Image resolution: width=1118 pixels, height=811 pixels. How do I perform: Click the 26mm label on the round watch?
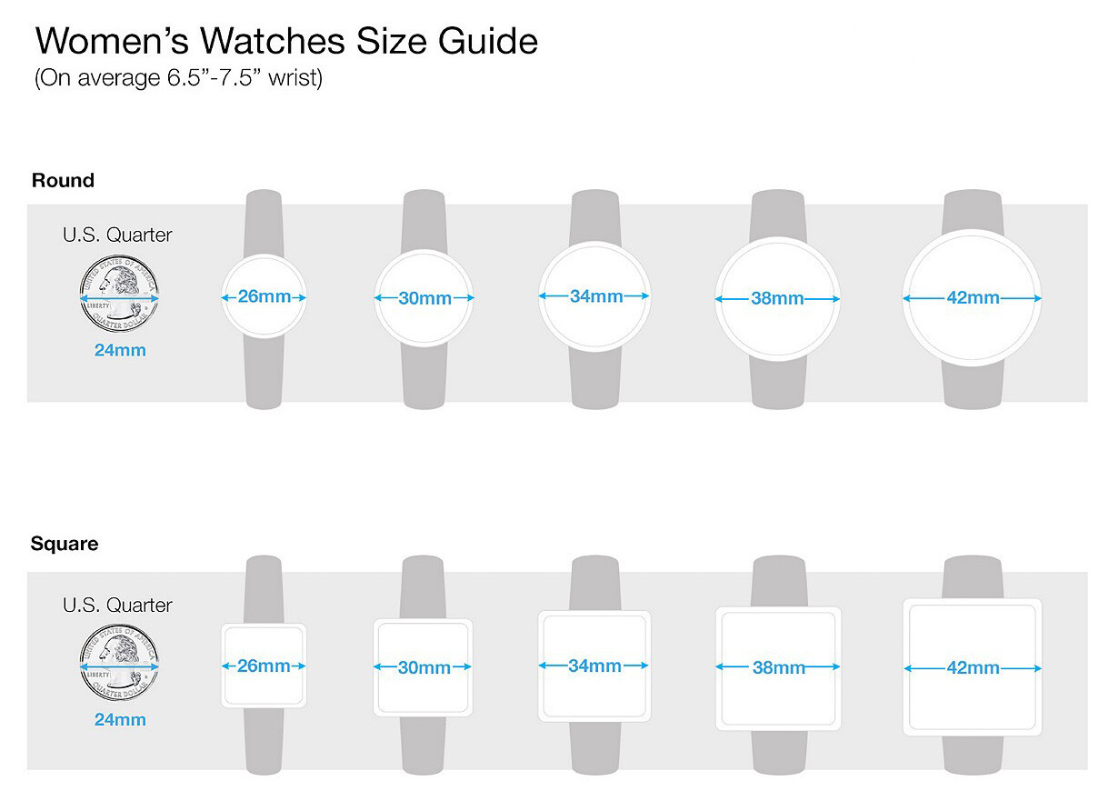coord(264,296)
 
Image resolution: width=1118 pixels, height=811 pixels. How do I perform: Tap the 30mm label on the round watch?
coord(424,298)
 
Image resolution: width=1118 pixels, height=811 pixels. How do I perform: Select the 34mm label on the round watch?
coord(595,296)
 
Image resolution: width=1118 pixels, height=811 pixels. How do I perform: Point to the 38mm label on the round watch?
coord(777,298)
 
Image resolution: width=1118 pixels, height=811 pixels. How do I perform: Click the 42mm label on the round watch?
coord(973,298)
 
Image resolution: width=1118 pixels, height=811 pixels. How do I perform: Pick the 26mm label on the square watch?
coord(264,666)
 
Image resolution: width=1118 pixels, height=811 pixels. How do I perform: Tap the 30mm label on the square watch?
coord(424,667)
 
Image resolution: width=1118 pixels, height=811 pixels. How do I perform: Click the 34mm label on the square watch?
coord(594,666)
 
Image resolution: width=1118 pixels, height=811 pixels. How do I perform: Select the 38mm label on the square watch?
coord(778,667)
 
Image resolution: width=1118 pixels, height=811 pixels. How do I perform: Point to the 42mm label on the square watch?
coord(973,667)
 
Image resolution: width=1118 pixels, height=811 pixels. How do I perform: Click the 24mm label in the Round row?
coord(120,350)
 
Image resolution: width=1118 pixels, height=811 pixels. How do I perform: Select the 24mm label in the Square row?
coord(120,720)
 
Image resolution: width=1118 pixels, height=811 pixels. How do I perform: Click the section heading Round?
coord(63,180)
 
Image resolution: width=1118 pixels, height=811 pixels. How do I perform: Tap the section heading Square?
coord(65,544)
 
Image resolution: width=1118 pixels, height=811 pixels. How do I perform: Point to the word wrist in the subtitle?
coord(293,78)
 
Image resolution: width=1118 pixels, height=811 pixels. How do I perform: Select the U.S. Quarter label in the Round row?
coord(117,235)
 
